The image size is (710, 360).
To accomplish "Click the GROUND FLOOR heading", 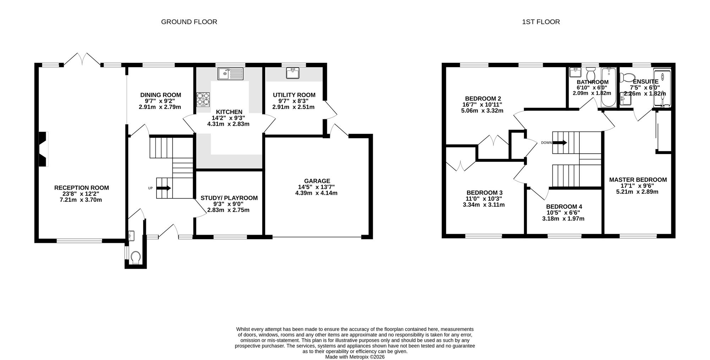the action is pyautogui.click(x=189, y=22).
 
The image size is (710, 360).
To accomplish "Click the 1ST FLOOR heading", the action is pyautogui.click(x=541, y=22).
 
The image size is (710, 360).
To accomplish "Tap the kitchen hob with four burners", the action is pyautogui.click(x=203, y=99).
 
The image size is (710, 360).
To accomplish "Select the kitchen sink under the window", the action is pyautogui.click(x=230, y=74).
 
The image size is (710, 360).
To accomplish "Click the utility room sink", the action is pyautogui.click(x=293, y=73).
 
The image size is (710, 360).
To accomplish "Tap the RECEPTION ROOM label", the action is pyautogui.click(x=82, y=188).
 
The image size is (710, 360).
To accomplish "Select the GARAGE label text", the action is pyautogui.click(x=317, y=181).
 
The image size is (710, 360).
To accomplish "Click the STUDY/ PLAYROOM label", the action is pyautogui.click(x=229, y=198).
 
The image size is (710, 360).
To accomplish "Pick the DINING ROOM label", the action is pyautogui.click(x=160, y=95).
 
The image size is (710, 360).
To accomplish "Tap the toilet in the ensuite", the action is pyautogui.click(x=627, y=77).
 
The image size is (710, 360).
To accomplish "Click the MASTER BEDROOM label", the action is pyautogui.click(x=638, y=180).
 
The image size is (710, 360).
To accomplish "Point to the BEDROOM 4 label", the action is pyautogui.click(x=564, y=207).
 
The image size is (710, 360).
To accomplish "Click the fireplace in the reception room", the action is pyautogui.click(x=43, y=149).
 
